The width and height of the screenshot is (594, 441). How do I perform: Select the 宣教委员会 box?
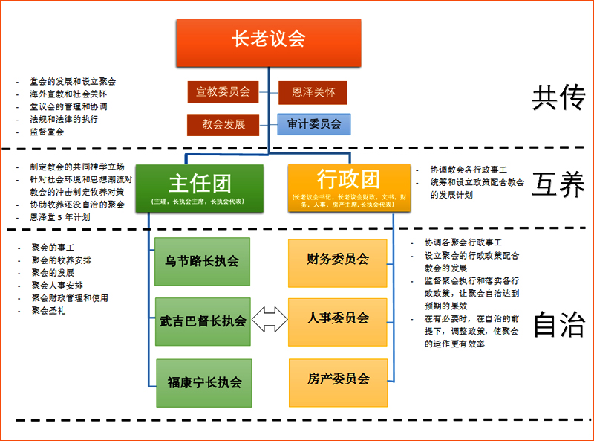point(223,92)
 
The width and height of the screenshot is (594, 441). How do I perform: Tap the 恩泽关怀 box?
point(313,92)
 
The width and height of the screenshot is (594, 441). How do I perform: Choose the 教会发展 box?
point(223,124)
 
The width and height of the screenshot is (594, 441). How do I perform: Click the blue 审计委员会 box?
point(313,124)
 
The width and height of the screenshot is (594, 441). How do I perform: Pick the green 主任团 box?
point(199,187)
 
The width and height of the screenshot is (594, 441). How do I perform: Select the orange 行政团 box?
point(348,187)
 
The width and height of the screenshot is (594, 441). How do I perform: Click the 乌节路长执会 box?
point(202,262)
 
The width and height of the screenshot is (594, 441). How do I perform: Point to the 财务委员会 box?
point(338,260)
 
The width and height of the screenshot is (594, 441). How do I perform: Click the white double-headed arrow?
point(269,321)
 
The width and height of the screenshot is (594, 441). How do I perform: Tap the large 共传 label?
point(558,98)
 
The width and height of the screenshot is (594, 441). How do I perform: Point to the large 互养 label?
point(558,185)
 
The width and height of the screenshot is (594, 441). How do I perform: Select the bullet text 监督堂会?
point(47,132)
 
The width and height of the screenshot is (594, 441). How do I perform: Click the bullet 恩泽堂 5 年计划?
point(60,217)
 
